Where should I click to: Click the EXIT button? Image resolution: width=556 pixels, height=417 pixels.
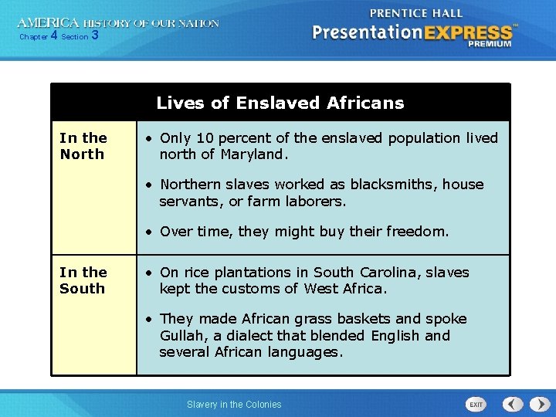(x=476, y=405)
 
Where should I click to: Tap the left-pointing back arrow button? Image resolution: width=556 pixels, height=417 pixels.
(x=513, y=404)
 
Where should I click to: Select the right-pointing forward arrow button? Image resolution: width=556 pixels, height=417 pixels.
(x=537, y=404)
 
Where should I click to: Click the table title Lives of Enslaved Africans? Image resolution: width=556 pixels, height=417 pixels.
(x=280, y=103)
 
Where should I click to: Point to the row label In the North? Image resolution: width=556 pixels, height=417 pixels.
(x=83, y=146)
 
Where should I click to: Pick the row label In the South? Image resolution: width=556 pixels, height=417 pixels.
(x=83, y=280)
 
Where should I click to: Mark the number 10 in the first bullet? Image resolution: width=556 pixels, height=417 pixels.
(x=203, y=138)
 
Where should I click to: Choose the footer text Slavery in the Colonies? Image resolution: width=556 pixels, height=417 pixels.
(x=234, y=405)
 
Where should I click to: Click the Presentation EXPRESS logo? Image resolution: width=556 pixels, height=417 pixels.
(x=413, y=33)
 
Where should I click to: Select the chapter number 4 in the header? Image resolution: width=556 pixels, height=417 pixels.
(x=53, y=36)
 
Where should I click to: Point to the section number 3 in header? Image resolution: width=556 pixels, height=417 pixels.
(x=94, y=36)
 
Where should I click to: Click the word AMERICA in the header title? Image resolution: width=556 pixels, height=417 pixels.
(x=49, y=23)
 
